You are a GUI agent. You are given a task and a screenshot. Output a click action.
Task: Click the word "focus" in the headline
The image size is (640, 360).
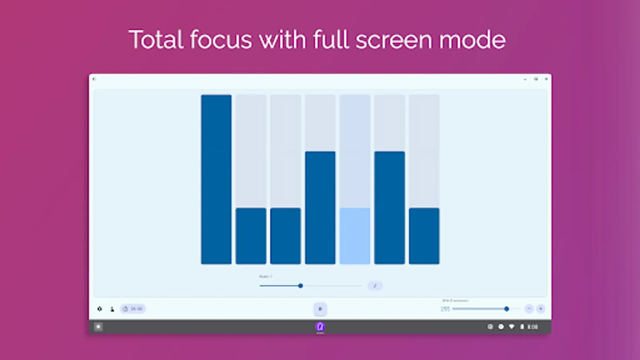pyautogui.click(x=220, y=40)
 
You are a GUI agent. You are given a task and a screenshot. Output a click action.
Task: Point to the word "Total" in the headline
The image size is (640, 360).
pyautogui.click(x=156, y=40)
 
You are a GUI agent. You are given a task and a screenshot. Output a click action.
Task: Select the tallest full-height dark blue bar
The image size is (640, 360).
pyautogui.click(x=216, y=179)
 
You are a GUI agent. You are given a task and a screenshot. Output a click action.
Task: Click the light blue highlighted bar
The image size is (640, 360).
pyautogui.click(x=355, y=236)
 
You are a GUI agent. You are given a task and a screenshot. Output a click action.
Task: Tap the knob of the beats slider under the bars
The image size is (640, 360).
pyautogui.click(x=300, y=286)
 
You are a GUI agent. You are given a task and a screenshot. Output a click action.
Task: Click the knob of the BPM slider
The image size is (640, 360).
pyautogui.click(x=506, y=309)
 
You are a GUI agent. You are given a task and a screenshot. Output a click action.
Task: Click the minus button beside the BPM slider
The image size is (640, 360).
pyautogui.click(x=529, y=309)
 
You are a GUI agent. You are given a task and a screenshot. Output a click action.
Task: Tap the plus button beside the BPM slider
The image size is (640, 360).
pyautogui.click(x=541, y=309)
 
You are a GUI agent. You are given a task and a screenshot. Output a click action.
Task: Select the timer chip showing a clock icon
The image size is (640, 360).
pyautogui.click(x=133, y=309)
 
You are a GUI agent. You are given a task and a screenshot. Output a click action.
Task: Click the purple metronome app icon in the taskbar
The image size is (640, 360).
pyautogui.click(x=320, y=327)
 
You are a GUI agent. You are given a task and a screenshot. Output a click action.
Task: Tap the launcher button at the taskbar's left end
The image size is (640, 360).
pyautogui.click(x=98, y=327)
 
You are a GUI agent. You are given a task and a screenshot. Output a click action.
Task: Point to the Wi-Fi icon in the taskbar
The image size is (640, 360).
pyautogui.click(x=512, y=327)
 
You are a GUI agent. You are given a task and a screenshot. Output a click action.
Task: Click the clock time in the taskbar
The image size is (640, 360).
pyautogui.click(x=532, y=327)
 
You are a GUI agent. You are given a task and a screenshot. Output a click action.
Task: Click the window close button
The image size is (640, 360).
pyautogui.click(x=546, y=79)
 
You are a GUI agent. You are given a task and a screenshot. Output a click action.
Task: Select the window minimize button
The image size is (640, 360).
pyautogui.click(x=525, y=79)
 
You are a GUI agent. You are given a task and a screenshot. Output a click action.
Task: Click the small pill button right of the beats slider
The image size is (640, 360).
pyautogui.click(x=375, y=286)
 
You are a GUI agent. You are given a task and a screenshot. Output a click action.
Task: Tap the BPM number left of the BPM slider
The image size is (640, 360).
pyautogui.click(x=445, y=309)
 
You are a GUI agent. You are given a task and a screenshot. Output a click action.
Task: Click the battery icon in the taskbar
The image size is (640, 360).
pyautogui.click(x=522, y=327)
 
